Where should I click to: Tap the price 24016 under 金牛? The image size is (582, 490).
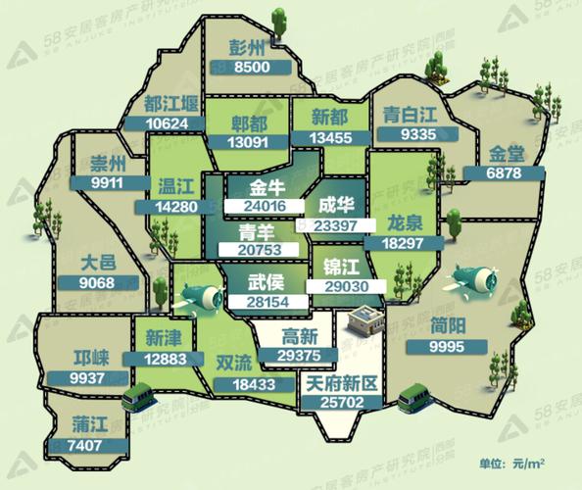coord(259,206)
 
